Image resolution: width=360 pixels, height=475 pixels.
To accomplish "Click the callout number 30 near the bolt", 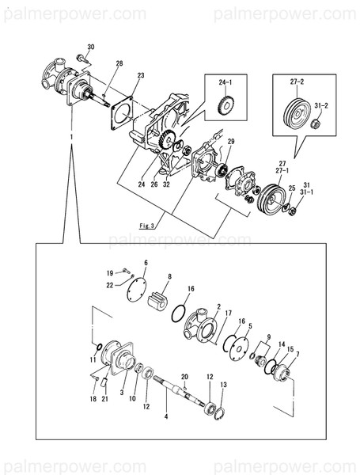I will tap(89, 47).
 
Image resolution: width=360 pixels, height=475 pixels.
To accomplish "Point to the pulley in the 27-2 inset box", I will tap(293, 109).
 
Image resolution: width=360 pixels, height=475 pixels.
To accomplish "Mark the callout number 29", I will tap(231, 142).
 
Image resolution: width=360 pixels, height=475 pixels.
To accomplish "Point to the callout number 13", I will tap(223, 384).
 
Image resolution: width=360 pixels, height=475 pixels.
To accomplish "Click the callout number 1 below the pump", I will tap(72, 136).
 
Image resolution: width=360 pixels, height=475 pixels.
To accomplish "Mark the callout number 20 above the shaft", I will tap(184, 376).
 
